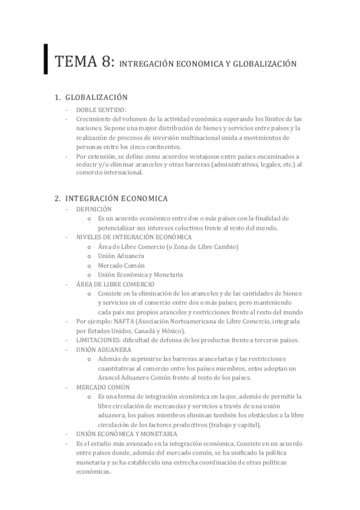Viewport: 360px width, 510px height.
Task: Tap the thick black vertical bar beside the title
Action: (x=46, y=58)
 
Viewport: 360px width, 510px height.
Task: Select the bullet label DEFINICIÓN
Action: (x=94, y=209)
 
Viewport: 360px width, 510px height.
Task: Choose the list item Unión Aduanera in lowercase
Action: (x=121, y=256)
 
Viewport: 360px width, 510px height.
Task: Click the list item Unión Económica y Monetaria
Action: (x=140, y=274)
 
